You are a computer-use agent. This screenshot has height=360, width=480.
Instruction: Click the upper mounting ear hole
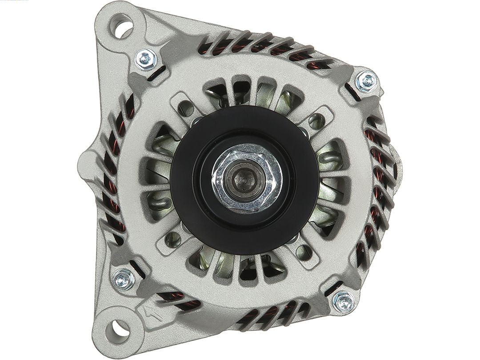click(123, 25)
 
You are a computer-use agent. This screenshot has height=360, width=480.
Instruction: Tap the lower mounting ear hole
click(118, 330)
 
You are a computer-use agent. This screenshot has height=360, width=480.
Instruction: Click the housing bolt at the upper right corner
click(367, 81)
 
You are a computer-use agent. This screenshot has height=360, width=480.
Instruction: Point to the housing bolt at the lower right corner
click(344, 302)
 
